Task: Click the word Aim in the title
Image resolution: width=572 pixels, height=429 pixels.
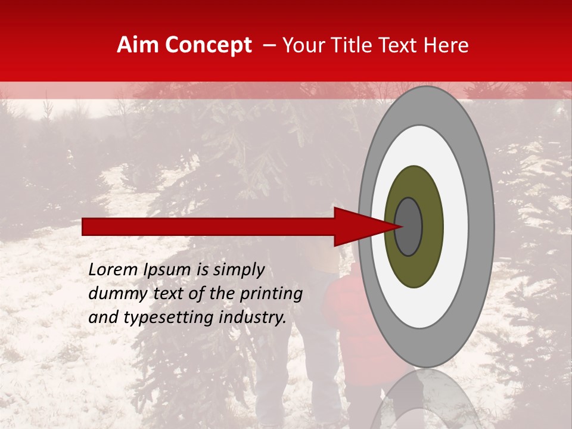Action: coord(139,45)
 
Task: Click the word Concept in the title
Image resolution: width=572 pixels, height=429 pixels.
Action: coord(209,45)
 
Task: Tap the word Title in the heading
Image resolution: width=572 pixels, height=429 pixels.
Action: coord(354,45)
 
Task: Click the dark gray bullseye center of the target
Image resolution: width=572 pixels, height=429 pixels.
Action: coord(409,226)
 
